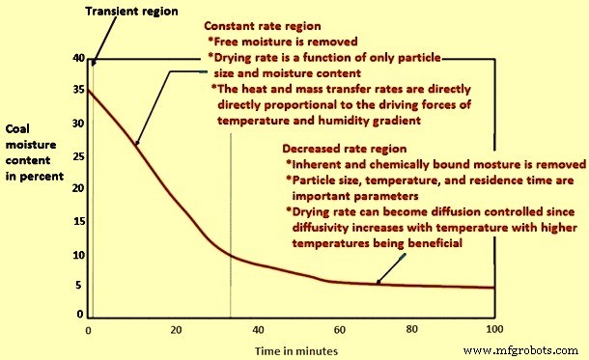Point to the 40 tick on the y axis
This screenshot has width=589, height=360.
77,59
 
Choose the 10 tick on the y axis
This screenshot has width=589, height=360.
77,256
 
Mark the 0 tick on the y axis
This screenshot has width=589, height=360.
80,315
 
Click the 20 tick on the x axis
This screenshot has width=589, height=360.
177,329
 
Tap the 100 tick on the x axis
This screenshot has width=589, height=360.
492,329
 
